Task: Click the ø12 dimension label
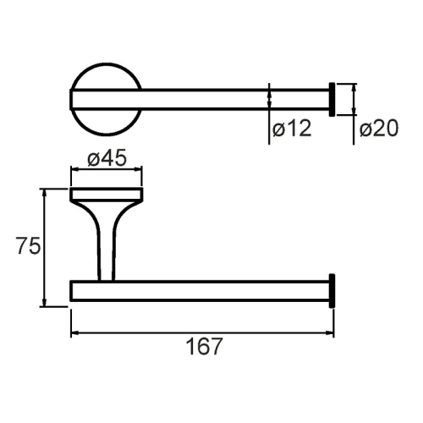292,129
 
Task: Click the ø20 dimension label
379,129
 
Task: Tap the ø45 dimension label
107,158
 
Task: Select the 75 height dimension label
28,245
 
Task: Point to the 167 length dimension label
205,347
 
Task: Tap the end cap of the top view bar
332,100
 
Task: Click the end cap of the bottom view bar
332,291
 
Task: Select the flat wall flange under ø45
107,195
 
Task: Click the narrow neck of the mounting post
106,254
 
